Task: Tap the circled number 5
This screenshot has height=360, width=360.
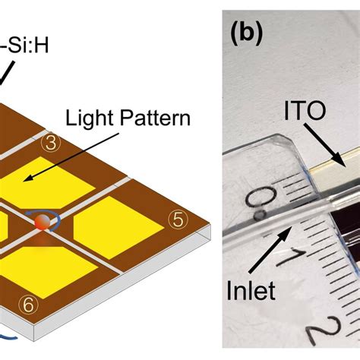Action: pyautogui.click(x=176, y=220)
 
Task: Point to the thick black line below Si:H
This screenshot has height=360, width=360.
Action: pyautogui.click(x=10, y=72)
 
